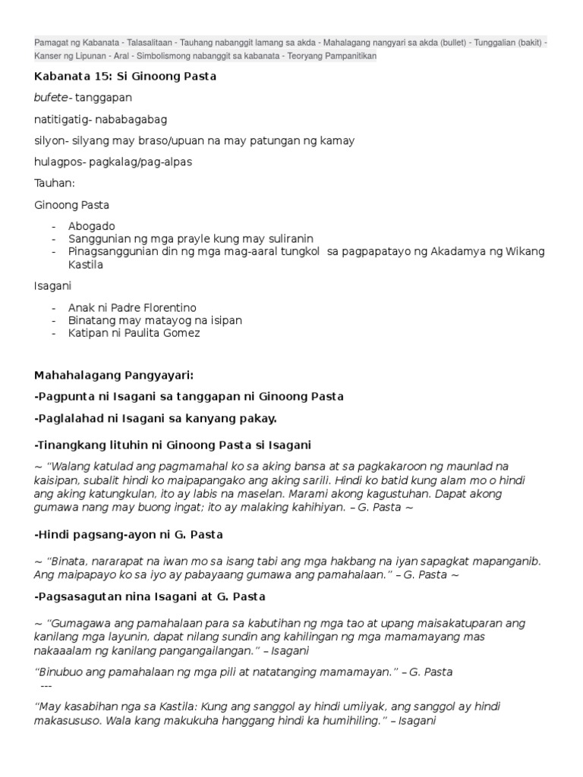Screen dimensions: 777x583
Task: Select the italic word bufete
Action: click(x=50, y=98)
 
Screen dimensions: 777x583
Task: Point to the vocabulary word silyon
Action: click(x=49, y=140)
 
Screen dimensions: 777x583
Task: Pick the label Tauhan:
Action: click(x=54, y=183)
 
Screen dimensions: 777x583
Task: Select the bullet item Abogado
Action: click(x=91, y=226)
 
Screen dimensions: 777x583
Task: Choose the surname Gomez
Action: click(x=182, y=332)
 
